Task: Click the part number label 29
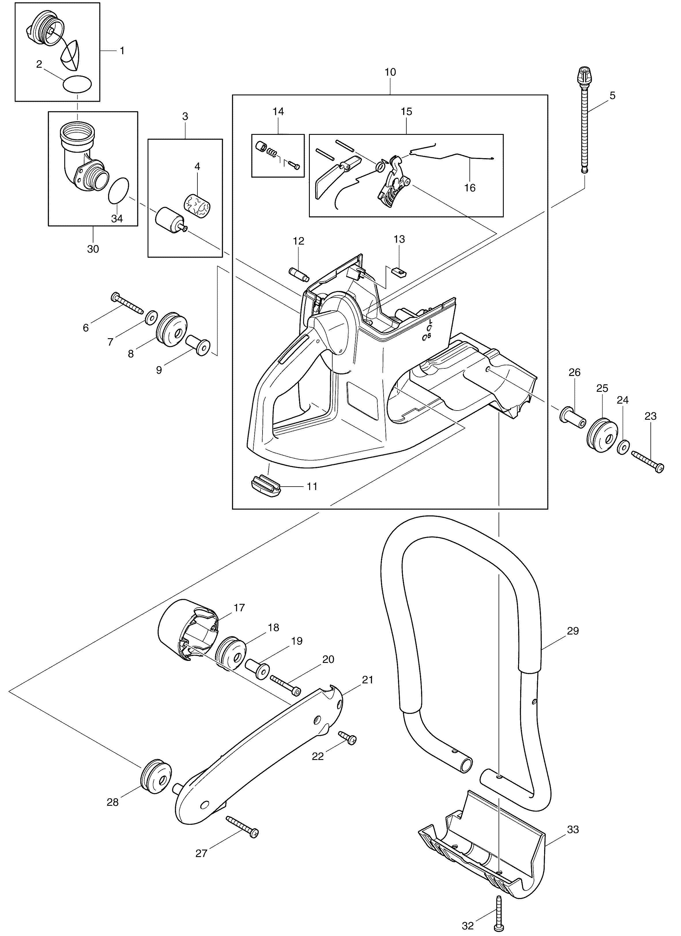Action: click(x=573, y=631)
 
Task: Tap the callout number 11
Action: click(x=312, y=487)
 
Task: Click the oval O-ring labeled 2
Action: click(x=77, y=85)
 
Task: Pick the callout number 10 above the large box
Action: click(x=390, y=72)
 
